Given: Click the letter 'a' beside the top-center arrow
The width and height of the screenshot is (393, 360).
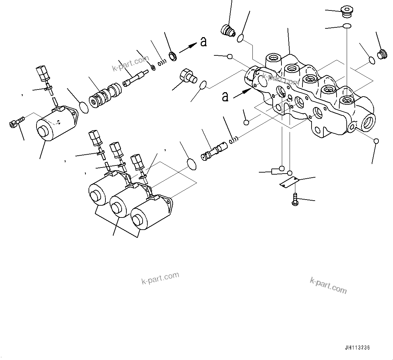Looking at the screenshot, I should [203, 42].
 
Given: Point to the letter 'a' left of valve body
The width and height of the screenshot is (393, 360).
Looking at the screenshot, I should [225, 97].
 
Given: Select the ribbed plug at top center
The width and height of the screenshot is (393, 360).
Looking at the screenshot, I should [227, 31].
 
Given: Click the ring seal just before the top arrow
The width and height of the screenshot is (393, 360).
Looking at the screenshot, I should [173, 56].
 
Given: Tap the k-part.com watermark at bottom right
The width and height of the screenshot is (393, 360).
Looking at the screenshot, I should [328, 286].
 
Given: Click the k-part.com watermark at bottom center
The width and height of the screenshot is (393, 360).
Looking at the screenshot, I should [160, 278].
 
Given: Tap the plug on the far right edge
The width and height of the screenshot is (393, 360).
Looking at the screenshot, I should [382, 55].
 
